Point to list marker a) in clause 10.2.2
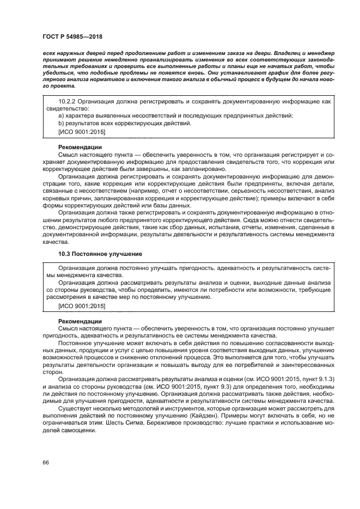click(x=60, y=116)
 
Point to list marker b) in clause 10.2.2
click(x=60, y=124)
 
